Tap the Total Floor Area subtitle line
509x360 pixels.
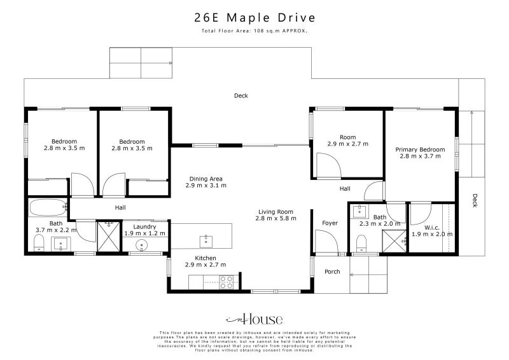coord(254,30)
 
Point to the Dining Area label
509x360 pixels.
coord(206,179)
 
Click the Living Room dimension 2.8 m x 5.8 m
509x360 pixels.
coord(275,218)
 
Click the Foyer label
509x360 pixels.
coord(330,223)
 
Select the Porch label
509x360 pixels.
coord(332,272)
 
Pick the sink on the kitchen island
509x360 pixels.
coord(206,240)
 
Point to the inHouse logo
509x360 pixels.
coord(254,319)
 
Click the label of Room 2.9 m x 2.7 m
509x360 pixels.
coord(347,137)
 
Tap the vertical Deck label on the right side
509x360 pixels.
coord(475,201)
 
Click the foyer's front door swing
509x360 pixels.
coord(325,241)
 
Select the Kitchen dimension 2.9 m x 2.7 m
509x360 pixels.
coord(206,265)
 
